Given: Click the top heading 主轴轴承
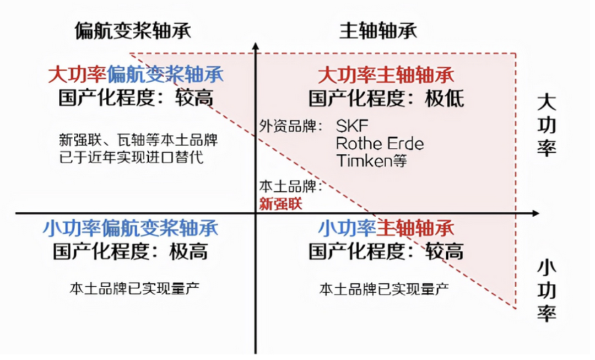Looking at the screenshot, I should (378, 30).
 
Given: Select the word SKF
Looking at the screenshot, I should (352, 126).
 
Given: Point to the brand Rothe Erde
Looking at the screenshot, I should (380, 144).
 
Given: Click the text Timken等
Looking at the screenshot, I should (371, 161).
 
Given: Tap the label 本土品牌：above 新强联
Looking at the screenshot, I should (291, 186).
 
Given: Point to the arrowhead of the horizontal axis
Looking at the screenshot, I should (535, 213).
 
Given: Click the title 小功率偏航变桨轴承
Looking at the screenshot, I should (131, 228).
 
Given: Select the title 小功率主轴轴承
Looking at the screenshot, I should (386, 228).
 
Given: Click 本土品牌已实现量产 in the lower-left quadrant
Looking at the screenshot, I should (134, 288).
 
